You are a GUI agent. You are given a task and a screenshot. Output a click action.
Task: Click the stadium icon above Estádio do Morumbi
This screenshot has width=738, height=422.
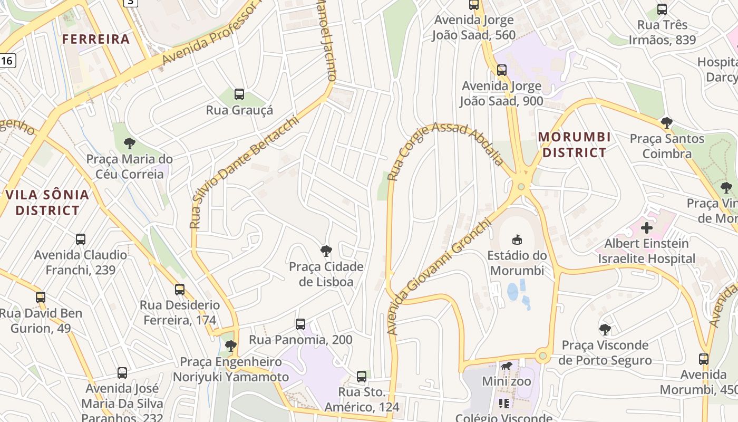click(517, 239)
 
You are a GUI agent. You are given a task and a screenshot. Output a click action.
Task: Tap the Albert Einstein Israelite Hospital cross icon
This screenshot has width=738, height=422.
click(646, 228)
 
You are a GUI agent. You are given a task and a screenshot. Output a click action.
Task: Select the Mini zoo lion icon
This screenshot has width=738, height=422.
click(507, 366)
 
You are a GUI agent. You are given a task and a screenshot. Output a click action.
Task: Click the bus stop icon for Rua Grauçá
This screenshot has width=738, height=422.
click(239, 94)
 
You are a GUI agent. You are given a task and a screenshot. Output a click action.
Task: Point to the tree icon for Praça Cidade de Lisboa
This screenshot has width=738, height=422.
click(326, 251)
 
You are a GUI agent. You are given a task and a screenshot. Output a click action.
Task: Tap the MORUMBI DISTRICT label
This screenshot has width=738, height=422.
click(574, 145)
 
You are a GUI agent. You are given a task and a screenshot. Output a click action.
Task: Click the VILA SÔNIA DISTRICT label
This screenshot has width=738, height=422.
click(47, 203)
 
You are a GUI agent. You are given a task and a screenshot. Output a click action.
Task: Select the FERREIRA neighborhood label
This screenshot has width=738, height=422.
click(96, 39)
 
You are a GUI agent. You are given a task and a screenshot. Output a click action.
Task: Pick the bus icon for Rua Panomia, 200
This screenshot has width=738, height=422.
click(300, 324)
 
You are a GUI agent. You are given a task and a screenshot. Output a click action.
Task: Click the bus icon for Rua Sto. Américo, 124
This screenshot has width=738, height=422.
click(362, 377)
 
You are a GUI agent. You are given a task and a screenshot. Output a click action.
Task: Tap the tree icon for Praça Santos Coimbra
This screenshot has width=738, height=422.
click(667, 123)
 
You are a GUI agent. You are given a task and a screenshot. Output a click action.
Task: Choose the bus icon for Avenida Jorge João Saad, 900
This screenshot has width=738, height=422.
click(502, 70)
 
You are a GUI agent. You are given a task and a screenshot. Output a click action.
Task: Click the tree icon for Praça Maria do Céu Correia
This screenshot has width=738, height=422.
click(129, 143)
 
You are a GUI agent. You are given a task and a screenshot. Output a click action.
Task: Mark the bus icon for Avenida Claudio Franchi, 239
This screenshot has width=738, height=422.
click(81, 239)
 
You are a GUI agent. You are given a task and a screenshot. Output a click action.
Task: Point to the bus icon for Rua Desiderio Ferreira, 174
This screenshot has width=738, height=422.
click(180, 289)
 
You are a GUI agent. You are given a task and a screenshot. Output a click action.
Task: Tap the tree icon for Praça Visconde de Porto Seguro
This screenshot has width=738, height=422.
click(605, 330)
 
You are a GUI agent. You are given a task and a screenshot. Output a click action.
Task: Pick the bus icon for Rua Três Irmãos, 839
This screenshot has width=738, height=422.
click(662, 9)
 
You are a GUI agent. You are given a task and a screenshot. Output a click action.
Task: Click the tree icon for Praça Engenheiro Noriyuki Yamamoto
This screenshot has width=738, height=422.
click(230, 346)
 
